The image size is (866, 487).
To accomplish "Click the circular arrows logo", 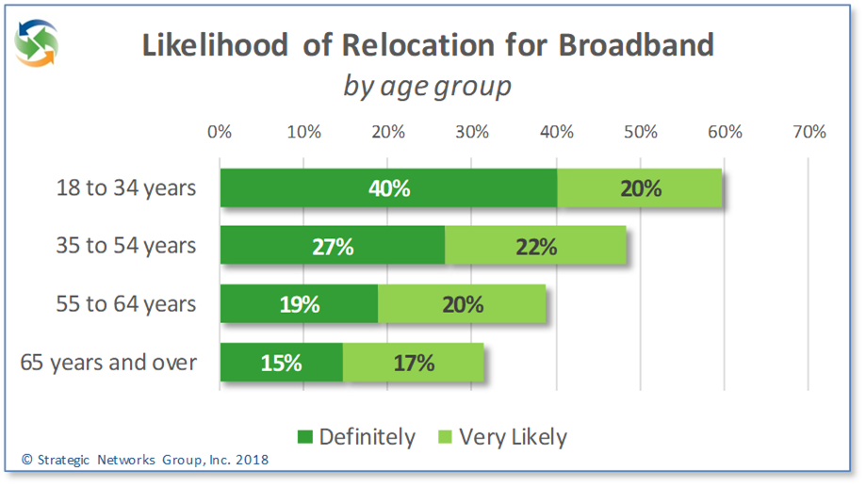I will (x=37, y=43).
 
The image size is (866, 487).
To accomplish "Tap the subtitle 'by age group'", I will (x=427, y=86).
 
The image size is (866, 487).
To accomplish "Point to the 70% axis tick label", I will (x=809, y=132).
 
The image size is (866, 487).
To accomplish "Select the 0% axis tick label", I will (x=220, y=132).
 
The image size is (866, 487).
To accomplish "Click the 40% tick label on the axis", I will (x=556, y=132).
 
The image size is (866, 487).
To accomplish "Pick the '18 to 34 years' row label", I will (x=125, y=187).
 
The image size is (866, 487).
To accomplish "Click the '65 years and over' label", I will (x=108, y=362).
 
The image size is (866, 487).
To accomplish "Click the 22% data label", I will (x=537, y=247).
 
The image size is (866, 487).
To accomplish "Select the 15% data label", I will (x=281, y=363).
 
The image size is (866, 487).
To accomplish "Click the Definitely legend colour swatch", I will (x=304, y=437).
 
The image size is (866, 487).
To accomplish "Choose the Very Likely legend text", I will (x=513, y=437).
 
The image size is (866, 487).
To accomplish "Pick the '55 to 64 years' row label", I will (x=125, y=304).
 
